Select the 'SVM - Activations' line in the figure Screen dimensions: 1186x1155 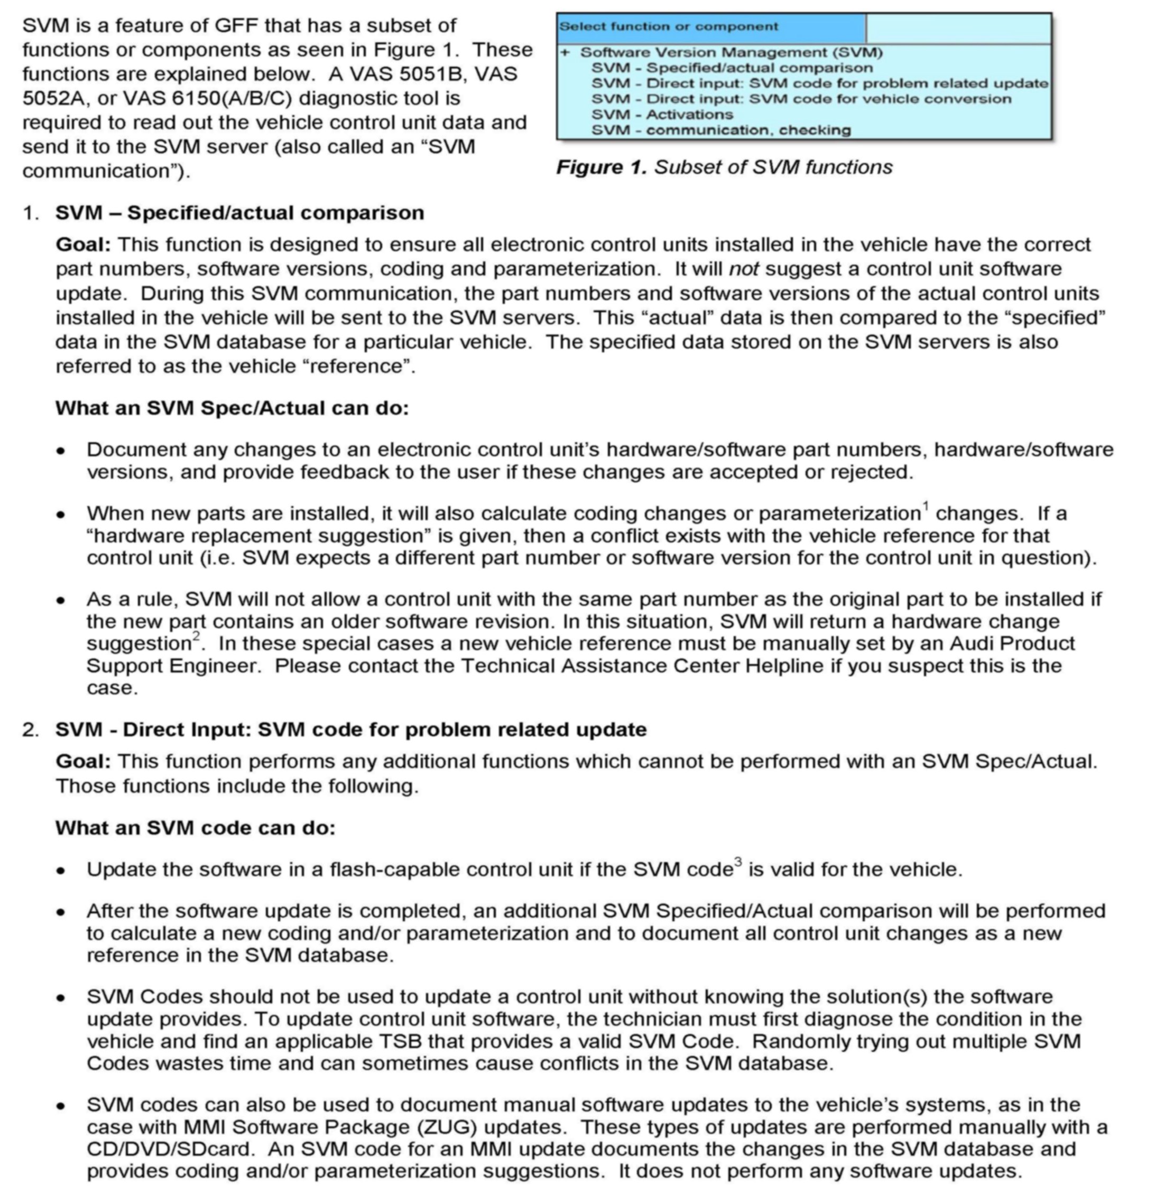click(x=662, y=115)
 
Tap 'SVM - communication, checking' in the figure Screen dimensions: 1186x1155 click(x=720, y=130)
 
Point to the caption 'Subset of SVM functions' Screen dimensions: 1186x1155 click(x=773, y=167)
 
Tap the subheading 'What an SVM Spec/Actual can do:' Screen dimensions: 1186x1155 click(x=233, y=408)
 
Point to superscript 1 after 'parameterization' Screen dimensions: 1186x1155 click(x=926, y=506)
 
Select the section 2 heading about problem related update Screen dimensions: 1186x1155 click(x=350, y=730)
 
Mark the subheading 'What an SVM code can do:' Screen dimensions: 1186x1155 click(x=196, y=828)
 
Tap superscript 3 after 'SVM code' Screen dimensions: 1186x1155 click(x=737, y=862)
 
